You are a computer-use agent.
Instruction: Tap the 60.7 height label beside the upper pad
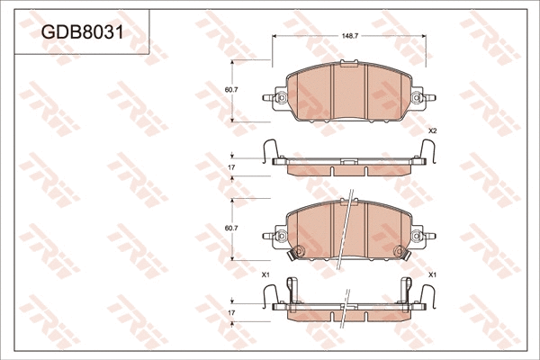pyautogui.click(x=229, y=90)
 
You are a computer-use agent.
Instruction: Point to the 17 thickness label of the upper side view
pyautogui.click(x=231, y=167)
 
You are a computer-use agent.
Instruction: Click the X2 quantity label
pyautogui.click(x=432, y=131)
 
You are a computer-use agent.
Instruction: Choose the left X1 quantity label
pyautogui.click(x=265, y=274)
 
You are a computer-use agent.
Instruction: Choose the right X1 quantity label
pyautogui.click(x=432, y=274)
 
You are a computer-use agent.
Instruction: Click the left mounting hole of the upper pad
pyautogui.click(x=280, y=98)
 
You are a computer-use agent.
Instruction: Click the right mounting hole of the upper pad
pyautogui.click(x=415, y=98)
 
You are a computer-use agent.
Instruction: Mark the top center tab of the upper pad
pyautogui.click(x=346, y=65)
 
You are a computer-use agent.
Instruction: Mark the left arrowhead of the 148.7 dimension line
pyautogui.click(x=274, y=38)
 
